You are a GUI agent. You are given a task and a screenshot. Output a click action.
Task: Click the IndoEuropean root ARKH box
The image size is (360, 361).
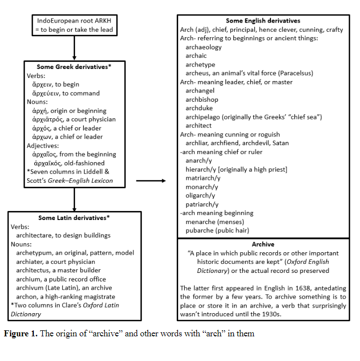75,25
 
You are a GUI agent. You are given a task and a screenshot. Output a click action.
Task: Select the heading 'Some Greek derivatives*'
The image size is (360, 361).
74,67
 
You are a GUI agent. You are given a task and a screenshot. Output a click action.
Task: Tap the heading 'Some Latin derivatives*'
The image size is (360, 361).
74,218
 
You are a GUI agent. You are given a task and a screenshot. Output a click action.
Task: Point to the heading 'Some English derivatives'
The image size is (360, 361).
263,21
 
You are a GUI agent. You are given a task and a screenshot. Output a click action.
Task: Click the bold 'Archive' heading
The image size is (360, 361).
263,244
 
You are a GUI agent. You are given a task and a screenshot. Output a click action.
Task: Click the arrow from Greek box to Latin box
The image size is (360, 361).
75,200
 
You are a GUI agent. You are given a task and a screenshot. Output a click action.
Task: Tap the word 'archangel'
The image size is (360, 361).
200,91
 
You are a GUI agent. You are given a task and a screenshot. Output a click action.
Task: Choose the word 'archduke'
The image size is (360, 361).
199,108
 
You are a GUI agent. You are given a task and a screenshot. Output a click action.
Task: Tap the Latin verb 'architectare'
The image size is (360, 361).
37,235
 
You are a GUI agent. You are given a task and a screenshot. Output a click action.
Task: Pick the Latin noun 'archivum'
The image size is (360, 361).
31,288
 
